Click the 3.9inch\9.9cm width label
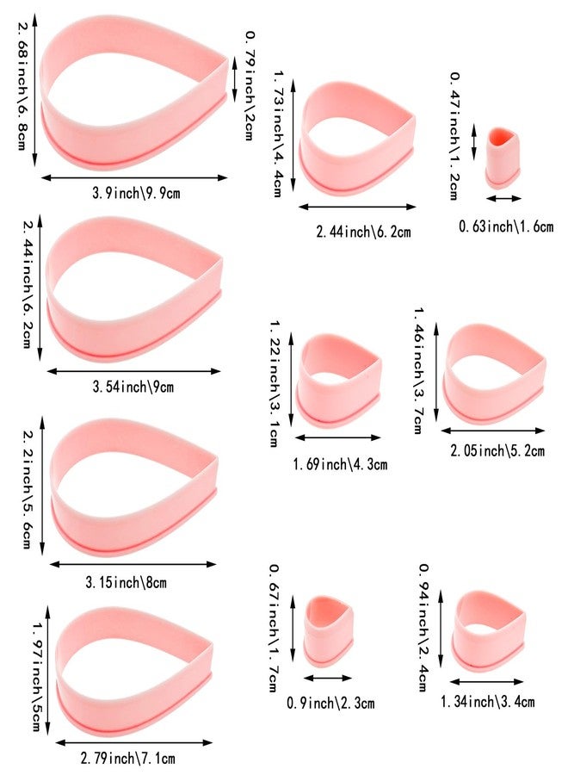(x=136, y=192)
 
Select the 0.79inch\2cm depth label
(x=250, y=85)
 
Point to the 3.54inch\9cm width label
(x=133, y=386)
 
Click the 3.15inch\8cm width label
(x=126, y=582)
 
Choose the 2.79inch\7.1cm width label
(x=127, y=758)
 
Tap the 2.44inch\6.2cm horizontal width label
(x=363, y=232)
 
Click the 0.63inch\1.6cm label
(x=506, y=226)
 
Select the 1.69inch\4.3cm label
(x=340, y=464)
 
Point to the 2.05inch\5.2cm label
(x=497, y=450)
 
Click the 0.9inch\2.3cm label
(x=330, y=703)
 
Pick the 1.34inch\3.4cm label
(x=487, y=701)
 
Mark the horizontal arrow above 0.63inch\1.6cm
(x=503, y=199)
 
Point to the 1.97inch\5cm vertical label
(x=39, y=677)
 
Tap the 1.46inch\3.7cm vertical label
(x=419, y=370)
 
